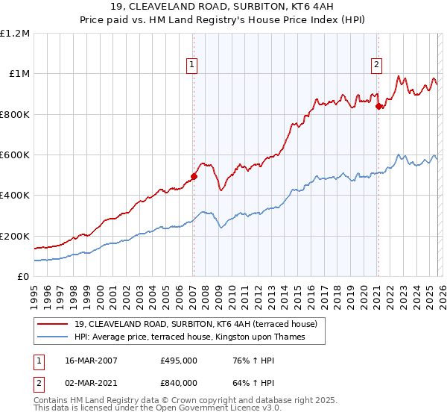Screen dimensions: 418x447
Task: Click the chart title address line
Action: click(x=223, y=8)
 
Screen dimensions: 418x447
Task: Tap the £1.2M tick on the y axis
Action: click(x=16, y=34)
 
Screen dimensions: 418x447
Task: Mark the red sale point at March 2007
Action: click(x=194, y=177)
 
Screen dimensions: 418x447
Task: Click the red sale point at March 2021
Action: click(x=378, y=107)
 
